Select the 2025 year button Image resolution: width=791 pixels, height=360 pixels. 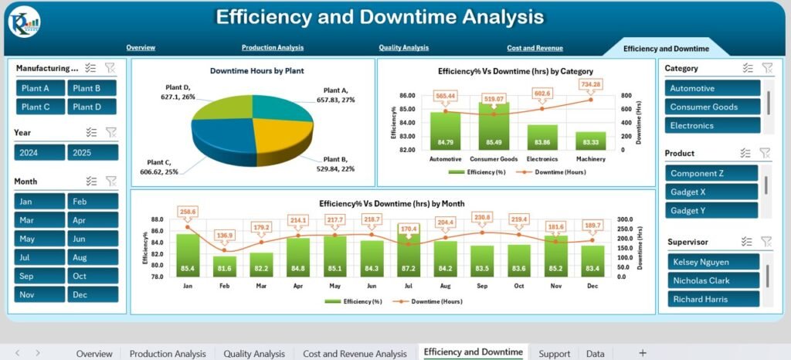93,152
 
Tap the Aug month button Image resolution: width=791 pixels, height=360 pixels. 93,257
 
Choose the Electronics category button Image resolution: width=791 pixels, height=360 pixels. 712,126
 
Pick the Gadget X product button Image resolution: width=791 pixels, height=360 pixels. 711,192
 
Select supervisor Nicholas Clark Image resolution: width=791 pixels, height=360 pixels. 713,280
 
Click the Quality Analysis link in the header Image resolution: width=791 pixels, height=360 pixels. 403,47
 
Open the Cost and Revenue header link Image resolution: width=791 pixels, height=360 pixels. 535,48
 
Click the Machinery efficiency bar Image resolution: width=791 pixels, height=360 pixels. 591,141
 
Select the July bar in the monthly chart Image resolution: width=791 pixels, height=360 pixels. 409,250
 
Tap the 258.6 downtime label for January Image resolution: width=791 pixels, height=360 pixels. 187,212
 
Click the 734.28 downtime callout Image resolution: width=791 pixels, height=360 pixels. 590,84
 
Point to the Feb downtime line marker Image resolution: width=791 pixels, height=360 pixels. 225,250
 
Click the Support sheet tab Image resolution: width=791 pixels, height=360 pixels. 554,354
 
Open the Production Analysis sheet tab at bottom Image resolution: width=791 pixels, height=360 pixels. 168,354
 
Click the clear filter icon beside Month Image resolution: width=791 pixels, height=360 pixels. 111,181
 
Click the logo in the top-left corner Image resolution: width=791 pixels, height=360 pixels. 24,23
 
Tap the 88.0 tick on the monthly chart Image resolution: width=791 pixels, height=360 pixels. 158,219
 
